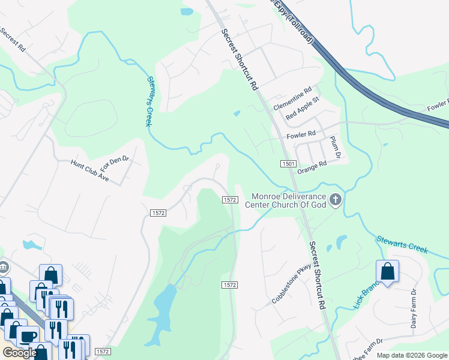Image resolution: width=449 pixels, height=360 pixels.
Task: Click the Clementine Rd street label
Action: (x=292, y=99)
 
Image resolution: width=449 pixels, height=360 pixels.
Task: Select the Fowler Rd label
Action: (x=301, y=134)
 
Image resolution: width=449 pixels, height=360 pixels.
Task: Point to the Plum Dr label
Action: (x=336, y=147)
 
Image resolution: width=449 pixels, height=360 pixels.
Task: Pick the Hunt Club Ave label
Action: (x=89, y=171)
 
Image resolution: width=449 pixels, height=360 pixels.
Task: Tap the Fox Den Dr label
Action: (x=115, y=161)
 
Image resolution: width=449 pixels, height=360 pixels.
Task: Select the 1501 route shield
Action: (x=288, y=164)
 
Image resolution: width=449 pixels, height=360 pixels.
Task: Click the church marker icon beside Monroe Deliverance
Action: (x=335, y=199)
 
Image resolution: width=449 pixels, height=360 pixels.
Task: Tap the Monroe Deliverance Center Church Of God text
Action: (x=286, y=200)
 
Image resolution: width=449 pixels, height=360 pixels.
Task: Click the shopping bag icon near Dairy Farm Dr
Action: (x=387, y=271)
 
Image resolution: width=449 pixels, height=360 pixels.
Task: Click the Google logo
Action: (x=20, y=353)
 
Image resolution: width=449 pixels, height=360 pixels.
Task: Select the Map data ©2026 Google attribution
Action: (x=411, y=355)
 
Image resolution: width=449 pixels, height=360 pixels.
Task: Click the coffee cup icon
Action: (x=28, y=337)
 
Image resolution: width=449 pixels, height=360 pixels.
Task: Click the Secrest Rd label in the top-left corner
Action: (x=12, y=39)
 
